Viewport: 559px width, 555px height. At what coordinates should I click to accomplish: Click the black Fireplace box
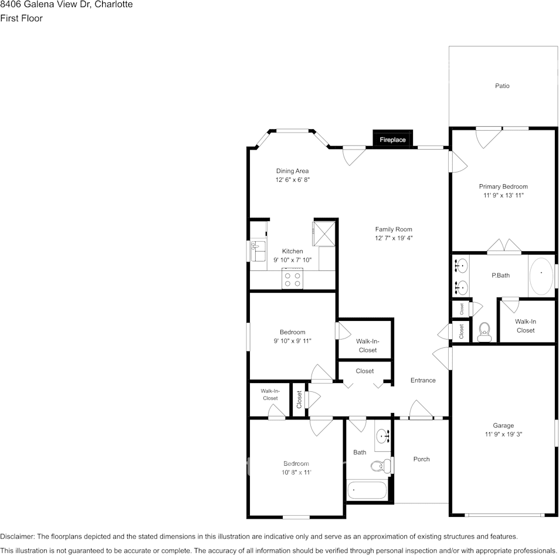392,139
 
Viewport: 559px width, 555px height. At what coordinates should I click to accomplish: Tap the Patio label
502,86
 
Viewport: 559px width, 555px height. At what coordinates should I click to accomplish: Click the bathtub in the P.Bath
541,276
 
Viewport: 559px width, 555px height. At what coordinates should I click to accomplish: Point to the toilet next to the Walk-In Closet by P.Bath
485,332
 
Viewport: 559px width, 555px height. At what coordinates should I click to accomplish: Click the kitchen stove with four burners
292,278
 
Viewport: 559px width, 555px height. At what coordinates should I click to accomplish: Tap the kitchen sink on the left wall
257,252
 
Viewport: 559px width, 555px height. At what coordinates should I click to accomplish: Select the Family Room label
394,229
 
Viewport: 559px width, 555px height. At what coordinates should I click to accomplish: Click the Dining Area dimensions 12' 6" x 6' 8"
292,180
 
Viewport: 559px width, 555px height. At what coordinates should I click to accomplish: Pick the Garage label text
503,425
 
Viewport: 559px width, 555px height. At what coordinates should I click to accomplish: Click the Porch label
421,459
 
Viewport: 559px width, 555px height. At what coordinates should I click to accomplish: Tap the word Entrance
422,380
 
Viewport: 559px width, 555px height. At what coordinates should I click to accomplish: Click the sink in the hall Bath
384,436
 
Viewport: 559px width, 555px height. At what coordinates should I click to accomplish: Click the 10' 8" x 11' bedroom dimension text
296,472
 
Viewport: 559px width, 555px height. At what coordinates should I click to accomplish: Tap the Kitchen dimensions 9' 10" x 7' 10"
292,260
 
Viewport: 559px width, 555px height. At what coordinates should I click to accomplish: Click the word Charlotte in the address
115,5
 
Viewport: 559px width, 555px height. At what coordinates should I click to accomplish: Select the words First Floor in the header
21,18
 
